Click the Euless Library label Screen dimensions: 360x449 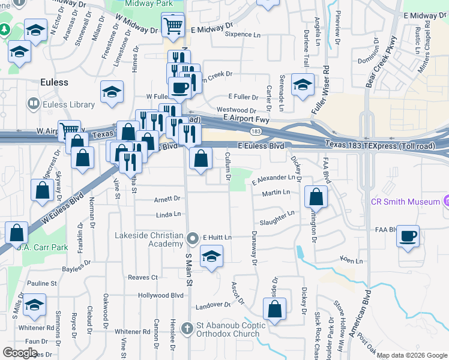(x=69, y=105)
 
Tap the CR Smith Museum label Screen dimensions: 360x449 (x=405, y=202)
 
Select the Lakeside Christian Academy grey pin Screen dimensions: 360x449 (x=193, y=239)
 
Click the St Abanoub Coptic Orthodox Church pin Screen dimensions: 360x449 (x=192, y=327)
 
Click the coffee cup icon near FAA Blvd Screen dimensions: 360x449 (x=408, y=236)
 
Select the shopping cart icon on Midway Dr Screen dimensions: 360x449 (x=172, y=26)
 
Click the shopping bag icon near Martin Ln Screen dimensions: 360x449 (x=316, y=197)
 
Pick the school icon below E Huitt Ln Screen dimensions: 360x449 (x=210, y=258)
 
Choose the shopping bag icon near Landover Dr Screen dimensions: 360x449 (x=274, y=310)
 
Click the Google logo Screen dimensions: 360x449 (x=20, y=352)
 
